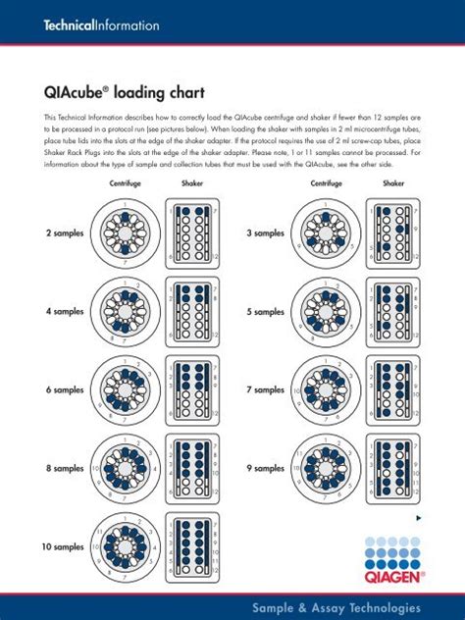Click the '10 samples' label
(x=62, y=546)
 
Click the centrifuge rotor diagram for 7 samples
(x=329, y=389)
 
